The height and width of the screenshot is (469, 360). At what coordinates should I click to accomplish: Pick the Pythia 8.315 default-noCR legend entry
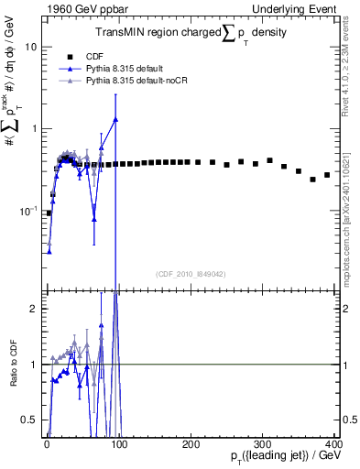click(147, 81)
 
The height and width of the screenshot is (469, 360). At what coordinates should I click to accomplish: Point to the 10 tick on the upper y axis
click(32, 46)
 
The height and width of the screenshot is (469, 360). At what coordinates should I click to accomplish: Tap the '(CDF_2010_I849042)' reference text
click(191, 273)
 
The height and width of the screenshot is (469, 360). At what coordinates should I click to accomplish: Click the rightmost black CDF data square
click(327, 175)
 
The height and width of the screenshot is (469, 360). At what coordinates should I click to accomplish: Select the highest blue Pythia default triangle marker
click(115, 119)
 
